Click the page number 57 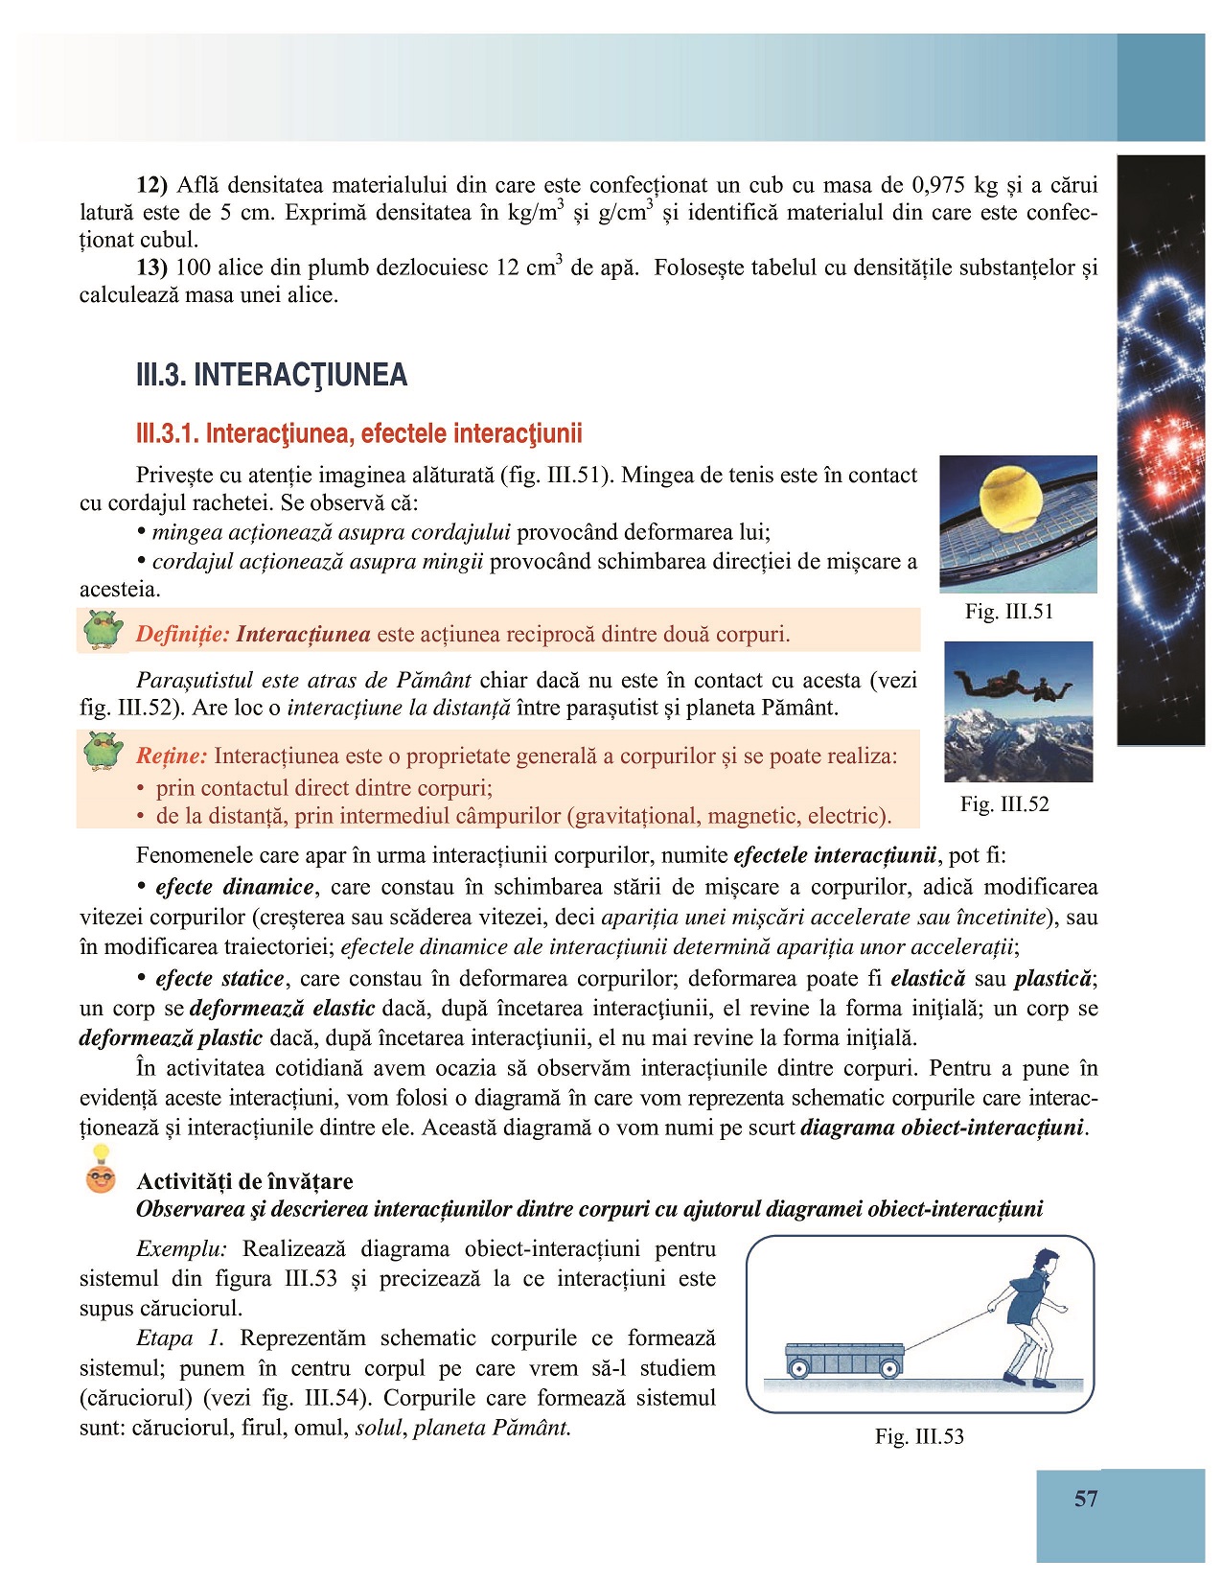point(1085,1499)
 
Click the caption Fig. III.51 point(1008,612)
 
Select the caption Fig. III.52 point(1004,803)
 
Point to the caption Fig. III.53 point(919,1436)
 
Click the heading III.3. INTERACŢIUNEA point(271,375)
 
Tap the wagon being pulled point(843,1359)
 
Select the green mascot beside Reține point(103,751)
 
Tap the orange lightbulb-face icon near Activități point(101,1177)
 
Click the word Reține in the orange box point(172,756)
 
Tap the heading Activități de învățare point(244,1181)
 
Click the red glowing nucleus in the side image point(1164,451)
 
